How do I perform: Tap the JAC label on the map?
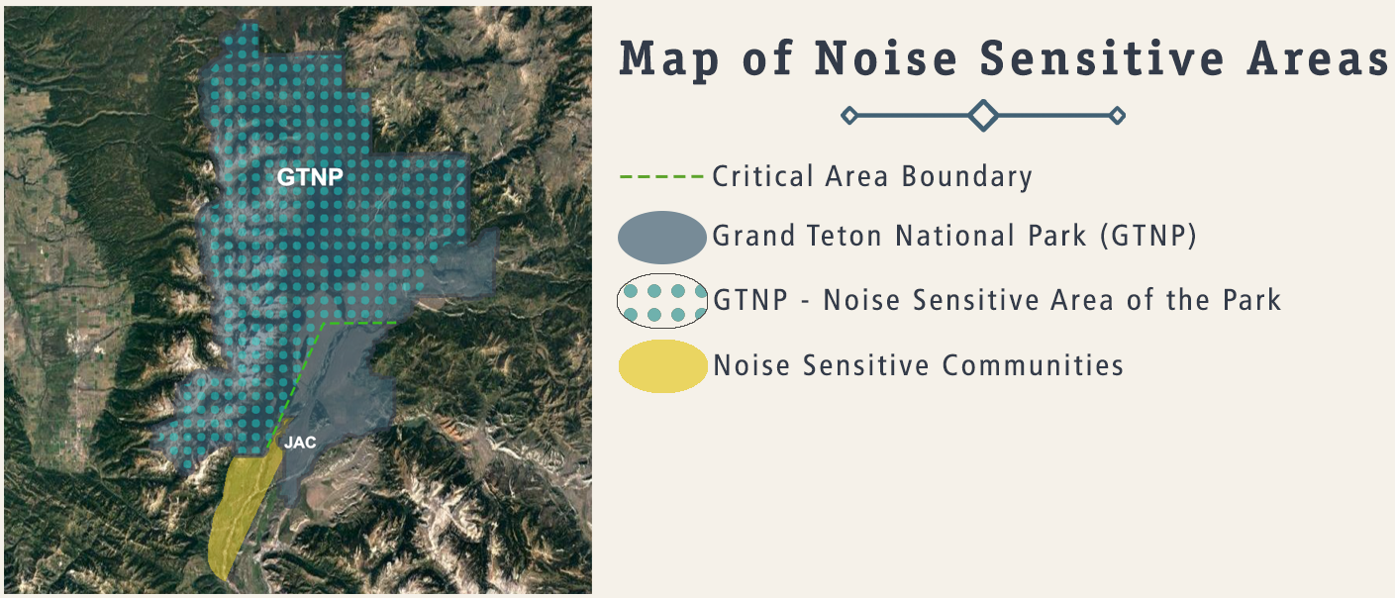click(300, 443)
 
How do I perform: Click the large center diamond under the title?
click(982, 115)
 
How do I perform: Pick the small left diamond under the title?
click(848, 116)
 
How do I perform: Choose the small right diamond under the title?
click(1117, 116)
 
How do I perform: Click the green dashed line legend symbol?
click(661, 177)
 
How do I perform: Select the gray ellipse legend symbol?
click(661, 238)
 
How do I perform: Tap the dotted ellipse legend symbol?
click(661, 301)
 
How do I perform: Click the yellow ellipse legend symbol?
click(662, 366)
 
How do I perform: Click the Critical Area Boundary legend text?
click(872, 177)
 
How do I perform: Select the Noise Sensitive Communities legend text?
click(918, 365)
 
